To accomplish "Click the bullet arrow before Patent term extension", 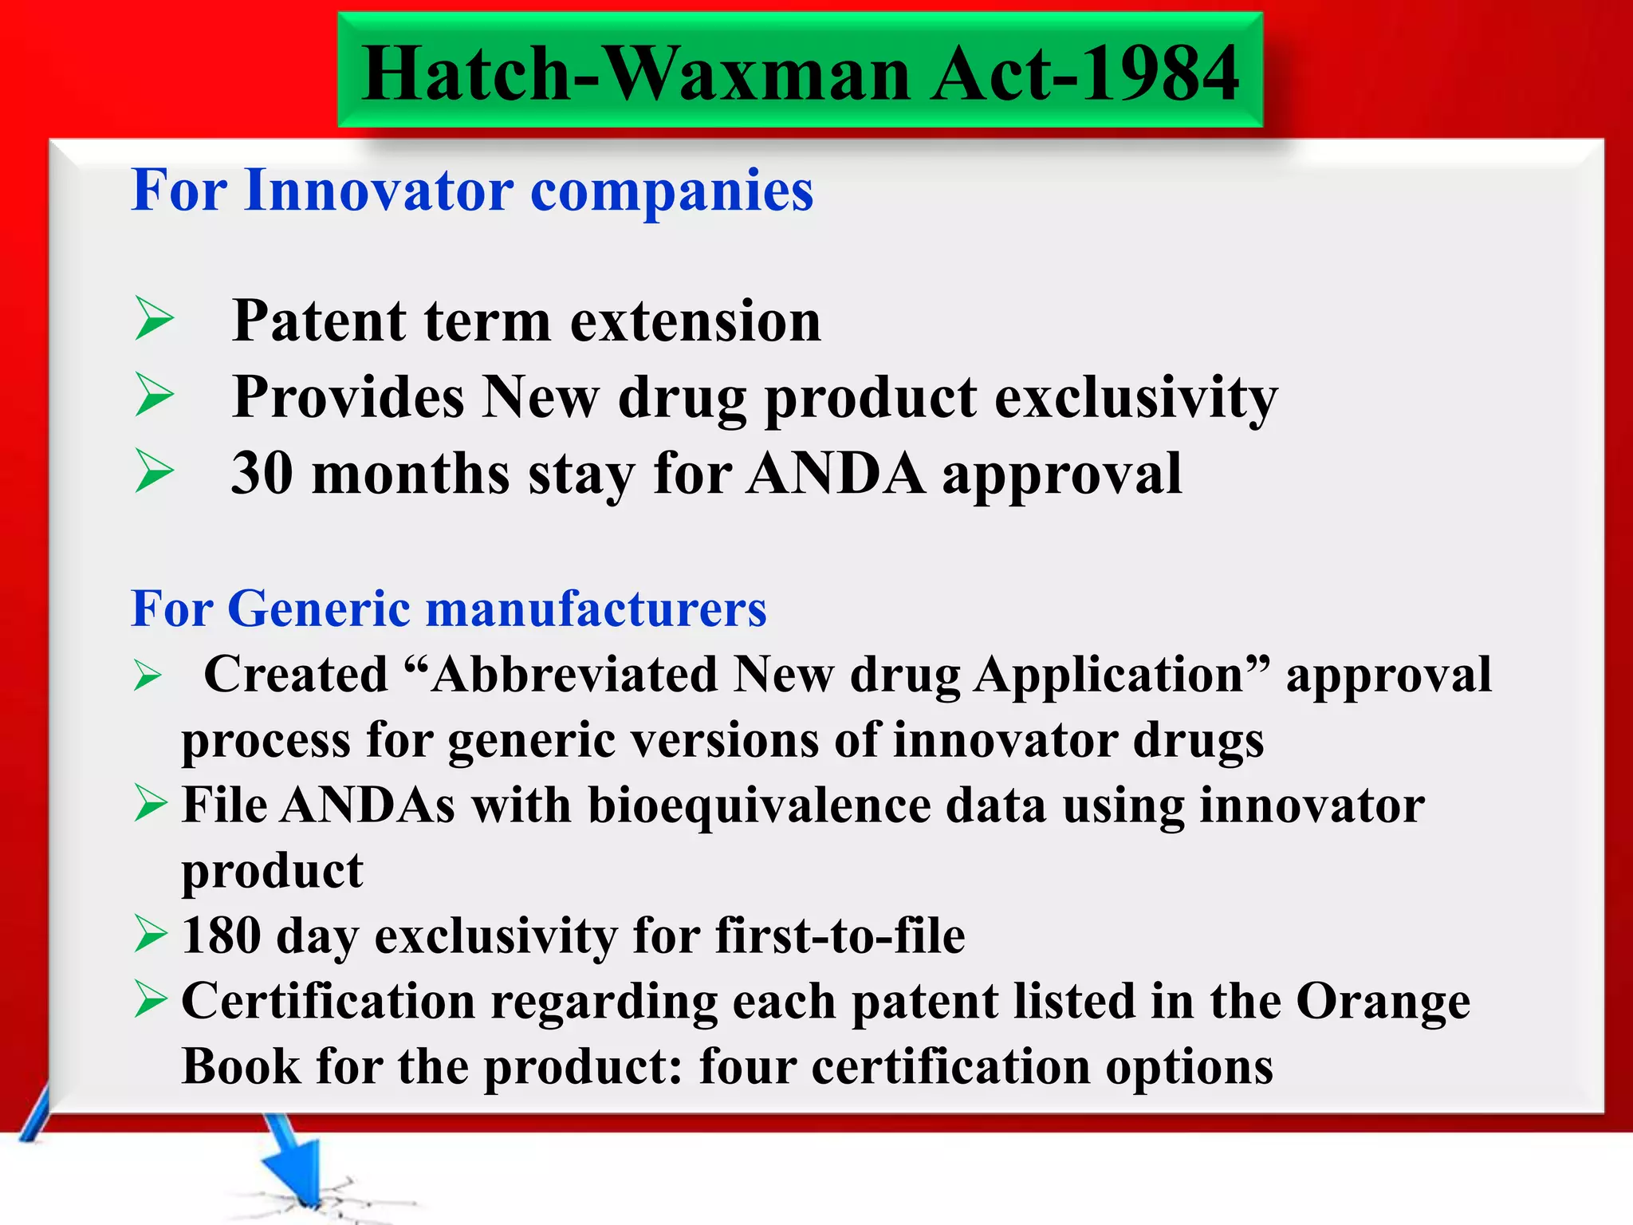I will tap(154, 318).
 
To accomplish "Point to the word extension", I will tap(695, 321).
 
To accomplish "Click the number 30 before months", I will tap(262, 474).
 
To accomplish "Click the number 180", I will tap(221, 935).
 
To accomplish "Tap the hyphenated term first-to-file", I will tap(840, 935).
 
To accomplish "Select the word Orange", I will tap(1383, 1002).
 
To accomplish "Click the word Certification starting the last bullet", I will tap(329, 1002).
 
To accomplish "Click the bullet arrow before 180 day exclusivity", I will tap(151, 934).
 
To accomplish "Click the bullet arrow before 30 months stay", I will tap(154, 471).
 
